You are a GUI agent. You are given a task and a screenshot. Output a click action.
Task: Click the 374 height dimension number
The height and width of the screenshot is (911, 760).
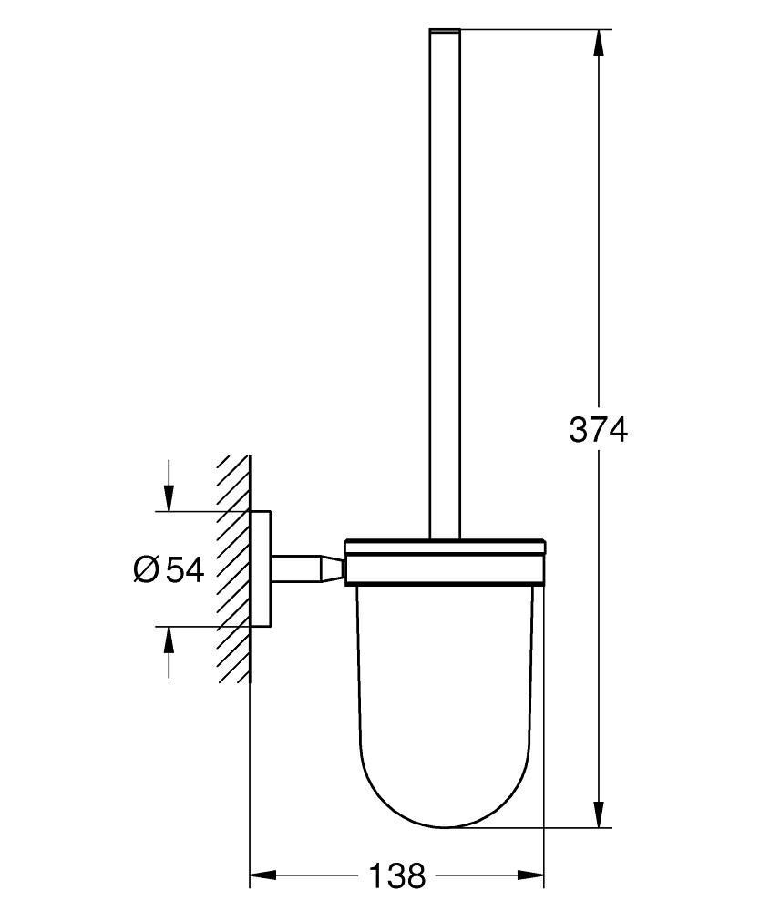[599, 429]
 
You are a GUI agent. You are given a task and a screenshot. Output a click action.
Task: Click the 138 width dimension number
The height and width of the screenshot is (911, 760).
[397, 876]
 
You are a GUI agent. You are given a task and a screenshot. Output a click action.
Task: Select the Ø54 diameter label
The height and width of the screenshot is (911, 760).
[169, 569]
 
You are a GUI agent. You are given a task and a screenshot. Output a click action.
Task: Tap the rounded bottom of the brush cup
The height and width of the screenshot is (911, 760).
[445, 815]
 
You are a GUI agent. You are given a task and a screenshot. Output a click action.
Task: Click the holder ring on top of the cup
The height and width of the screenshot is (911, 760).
[445, 560]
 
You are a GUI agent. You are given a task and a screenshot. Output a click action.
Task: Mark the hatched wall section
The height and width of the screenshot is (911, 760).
[233, 569]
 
